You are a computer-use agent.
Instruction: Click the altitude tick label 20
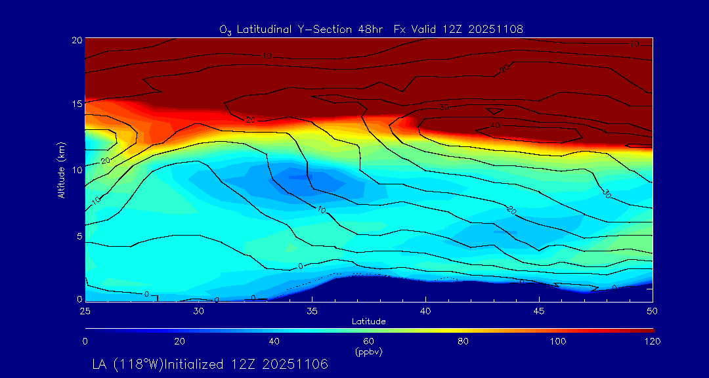[76, 40]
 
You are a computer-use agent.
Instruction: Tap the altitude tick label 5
[78, 236]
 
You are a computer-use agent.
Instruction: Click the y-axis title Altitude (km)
[61, 169]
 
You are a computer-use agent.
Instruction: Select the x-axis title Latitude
[368, 322]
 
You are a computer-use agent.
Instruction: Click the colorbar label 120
[653, 341]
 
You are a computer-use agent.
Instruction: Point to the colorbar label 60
[368, 341]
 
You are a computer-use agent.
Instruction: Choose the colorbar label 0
[85, 341]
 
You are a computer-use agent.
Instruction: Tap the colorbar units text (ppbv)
[368, 352]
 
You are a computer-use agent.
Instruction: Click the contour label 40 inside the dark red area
[494, 125]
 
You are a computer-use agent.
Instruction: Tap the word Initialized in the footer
[201, 364]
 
